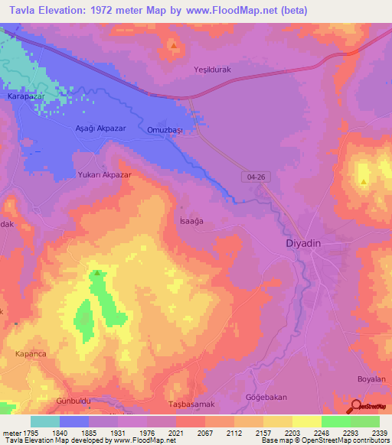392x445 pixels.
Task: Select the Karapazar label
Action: coord(26,97)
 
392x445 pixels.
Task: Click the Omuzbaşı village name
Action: coord(165,130)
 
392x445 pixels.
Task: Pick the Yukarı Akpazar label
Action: coord(105,174)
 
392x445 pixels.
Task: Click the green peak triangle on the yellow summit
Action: coord(97,272)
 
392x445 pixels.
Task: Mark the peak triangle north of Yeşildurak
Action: coord(175,46)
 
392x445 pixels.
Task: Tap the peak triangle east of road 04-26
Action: coord(363,182)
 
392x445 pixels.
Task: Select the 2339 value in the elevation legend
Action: coord(379,432)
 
